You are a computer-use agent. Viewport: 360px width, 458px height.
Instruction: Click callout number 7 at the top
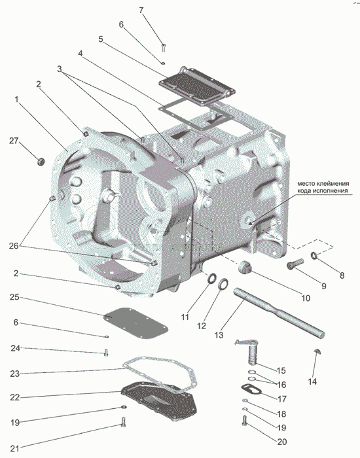[141, 10]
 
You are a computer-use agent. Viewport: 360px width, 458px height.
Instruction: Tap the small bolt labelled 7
[164, 47]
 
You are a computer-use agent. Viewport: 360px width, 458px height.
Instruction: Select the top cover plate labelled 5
[198, 85]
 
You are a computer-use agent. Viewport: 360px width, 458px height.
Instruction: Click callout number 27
[14, 141]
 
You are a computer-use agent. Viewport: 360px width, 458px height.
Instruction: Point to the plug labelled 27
[41, 161]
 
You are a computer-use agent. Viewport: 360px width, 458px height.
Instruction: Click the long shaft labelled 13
[279, 313]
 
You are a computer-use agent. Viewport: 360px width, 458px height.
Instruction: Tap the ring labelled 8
[314, 256]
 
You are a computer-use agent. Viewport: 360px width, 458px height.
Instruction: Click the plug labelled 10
[243, 268]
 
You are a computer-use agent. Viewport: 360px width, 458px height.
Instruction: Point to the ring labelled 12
[224, 285]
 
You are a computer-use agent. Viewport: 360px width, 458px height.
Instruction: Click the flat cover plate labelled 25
[136, 323]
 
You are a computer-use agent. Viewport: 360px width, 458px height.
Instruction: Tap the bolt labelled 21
[123, 421]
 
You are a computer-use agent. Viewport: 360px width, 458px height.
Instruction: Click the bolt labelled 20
[244, 420]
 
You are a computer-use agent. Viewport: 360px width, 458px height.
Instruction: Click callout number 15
[281, 371]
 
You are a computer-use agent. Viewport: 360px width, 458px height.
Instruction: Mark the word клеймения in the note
[333, 184]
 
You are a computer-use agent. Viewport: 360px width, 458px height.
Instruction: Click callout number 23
[15, 374]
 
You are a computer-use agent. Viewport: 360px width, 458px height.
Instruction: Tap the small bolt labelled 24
[106, 353]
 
